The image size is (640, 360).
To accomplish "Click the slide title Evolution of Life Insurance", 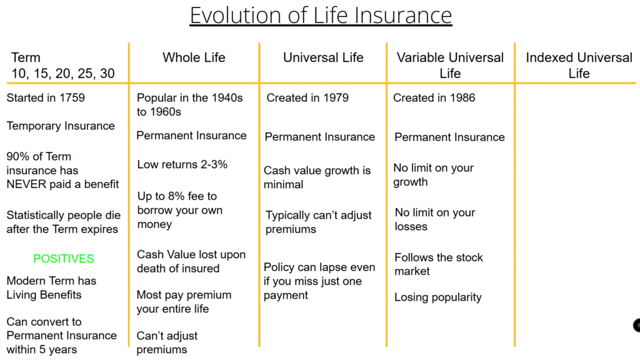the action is click(321, 16).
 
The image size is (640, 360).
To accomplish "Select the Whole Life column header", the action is click(194, 57).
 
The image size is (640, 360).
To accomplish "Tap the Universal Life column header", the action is click(323, 57).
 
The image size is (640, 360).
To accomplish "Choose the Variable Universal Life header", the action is click(450, 65).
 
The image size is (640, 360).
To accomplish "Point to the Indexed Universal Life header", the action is click(579, 65).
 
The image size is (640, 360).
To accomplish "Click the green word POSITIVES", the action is click(64, 259).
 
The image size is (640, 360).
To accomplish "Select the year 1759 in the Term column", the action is click(72, 98).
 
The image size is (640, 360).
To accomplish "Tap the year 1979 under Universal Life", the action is click(336, 98).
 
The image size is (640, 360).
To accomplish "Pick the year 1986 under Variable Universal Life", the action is click(462, 98).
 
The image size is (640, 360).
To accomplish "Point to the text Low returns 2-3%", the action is click(182, 164).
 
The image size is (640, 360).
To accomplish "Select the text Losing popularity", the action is click(438, 297).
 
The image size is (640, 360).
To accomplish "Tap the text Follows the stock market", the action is click(438, 264).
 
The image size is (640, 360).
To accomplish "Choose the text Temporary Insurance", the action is click(61, 126).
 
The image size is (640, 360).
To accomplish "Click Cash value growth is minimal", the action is click(317, 177).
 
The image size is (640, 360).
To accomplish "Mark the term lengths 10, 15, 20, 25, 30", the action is click(63, 74).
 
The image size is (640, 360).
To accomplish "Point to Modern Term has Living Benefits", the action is click(51, 287).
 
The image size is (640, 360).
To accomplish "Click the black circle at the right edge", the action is click(637, 325).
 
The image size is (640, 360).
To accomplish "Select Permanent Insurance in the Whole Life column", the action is click(191, 136).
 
